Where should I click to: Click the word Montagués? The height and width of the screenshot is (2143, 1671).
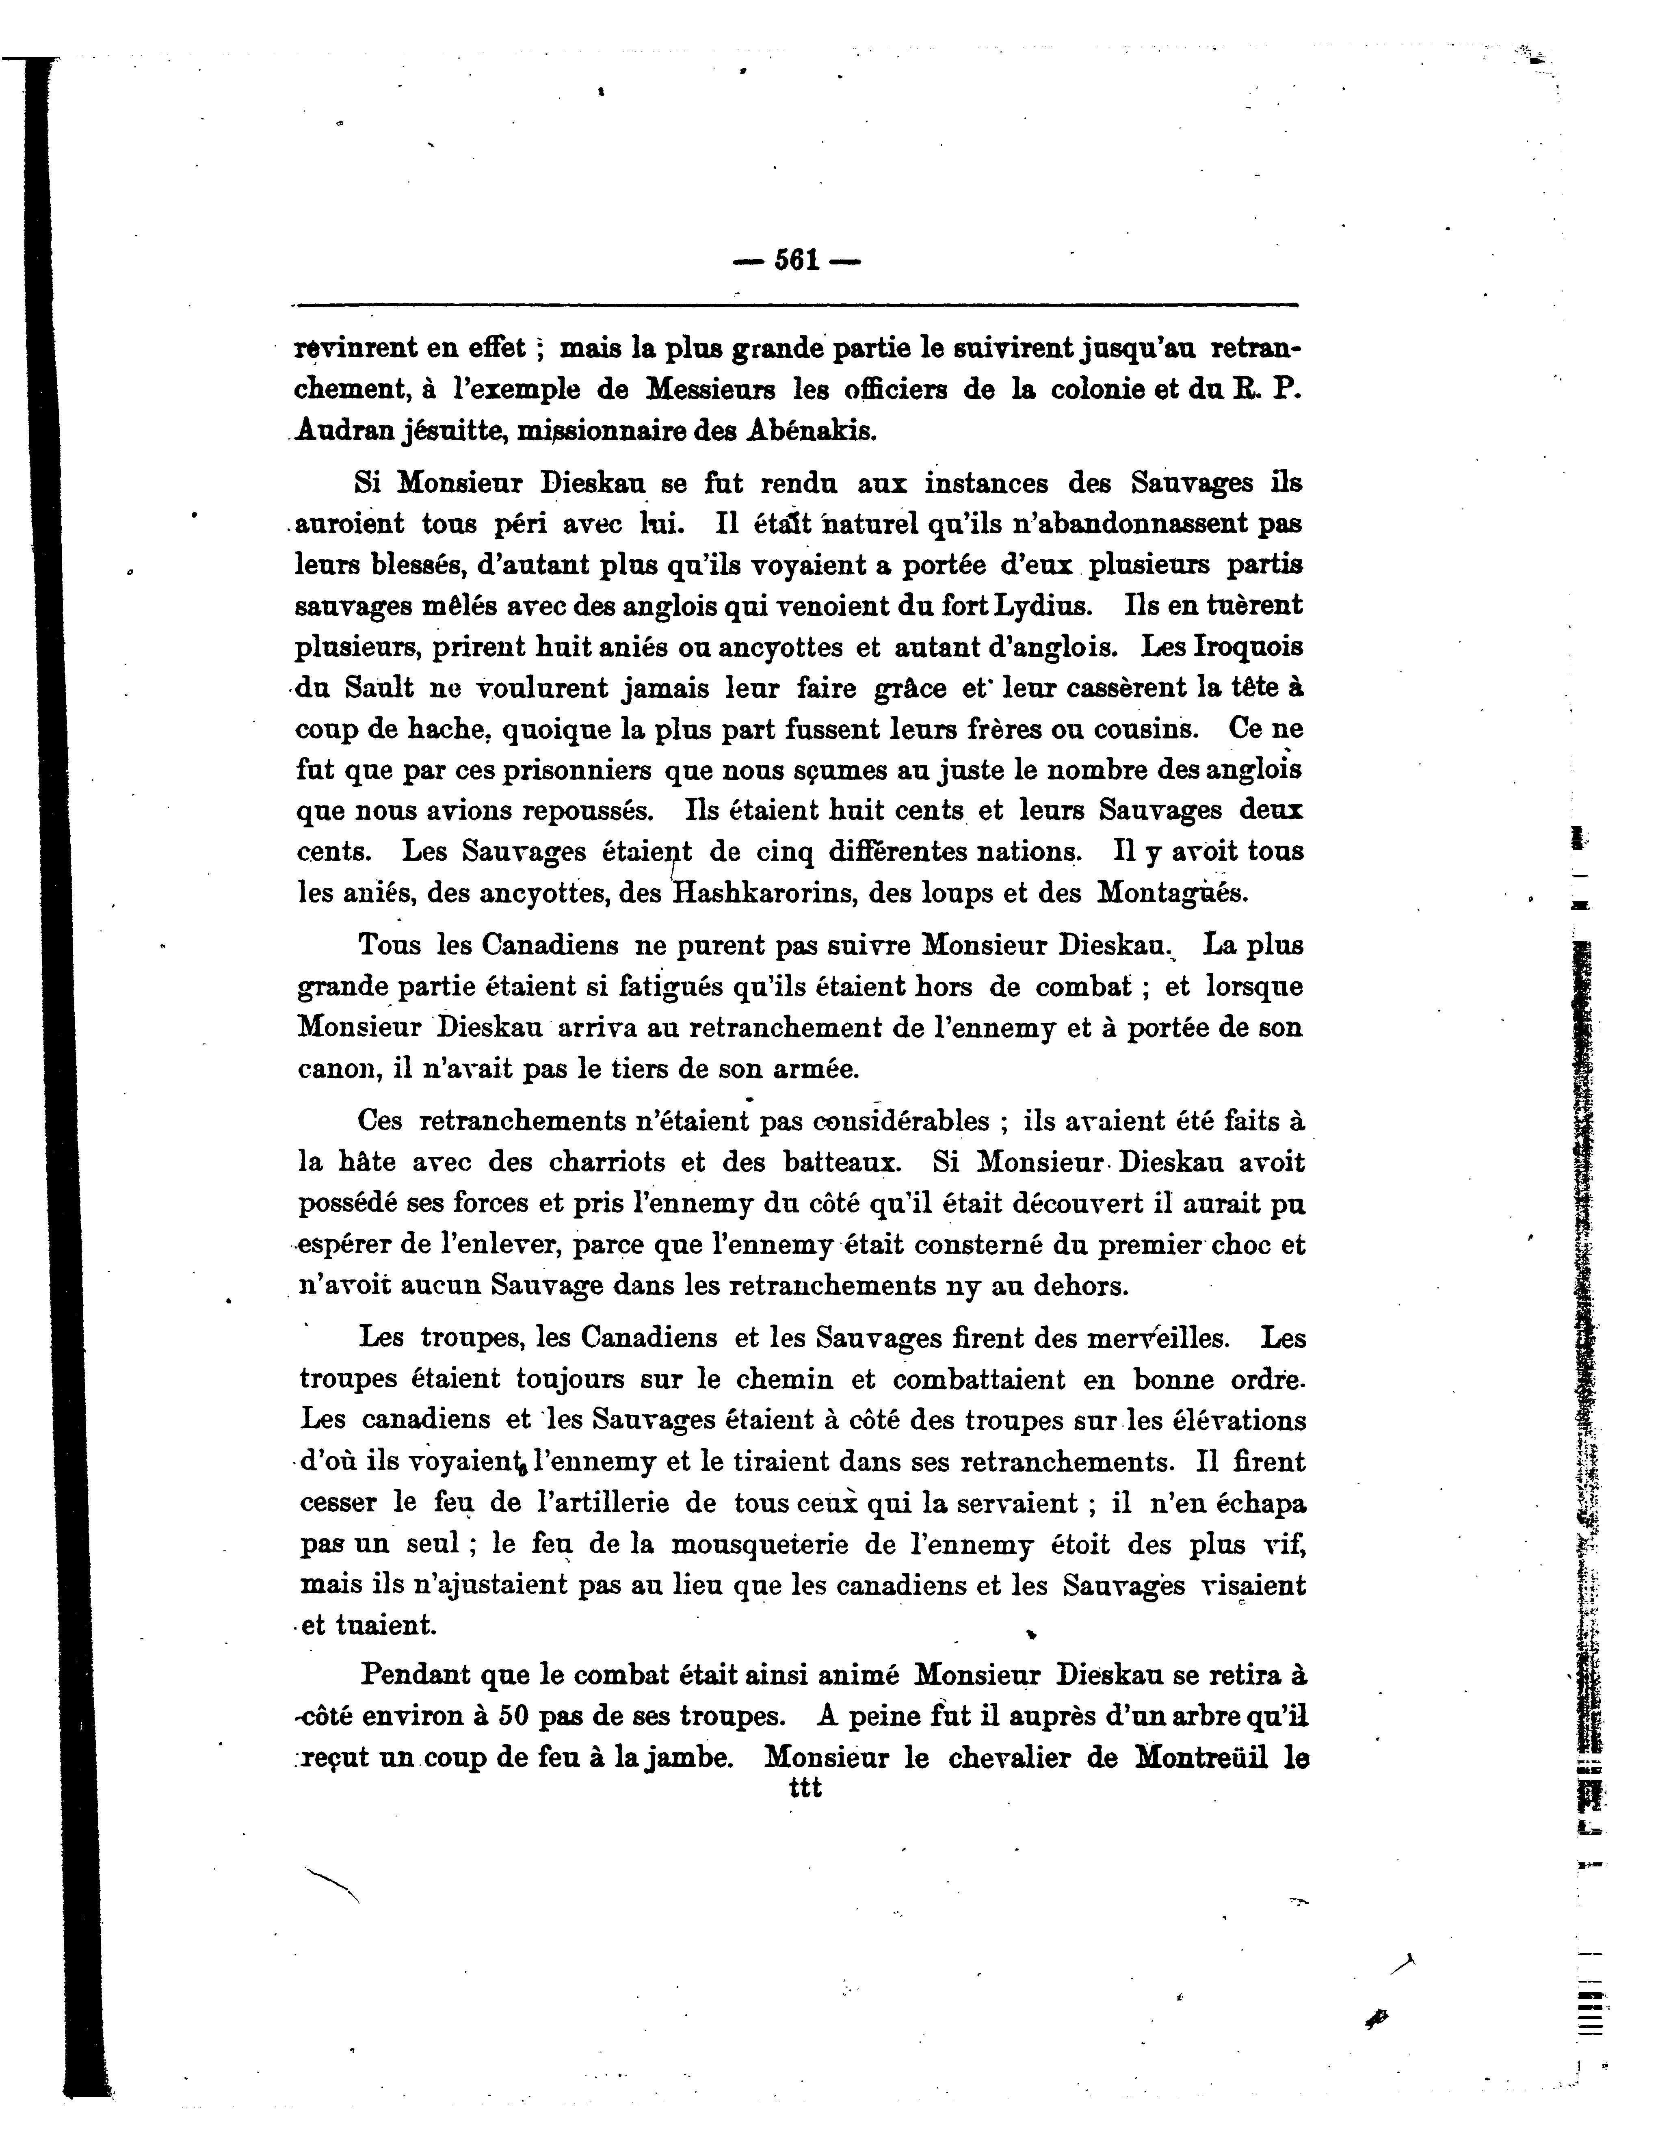(1171, 894)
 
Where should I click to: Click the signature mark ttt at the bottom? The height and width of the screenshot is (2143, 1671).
(805, 1788)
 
